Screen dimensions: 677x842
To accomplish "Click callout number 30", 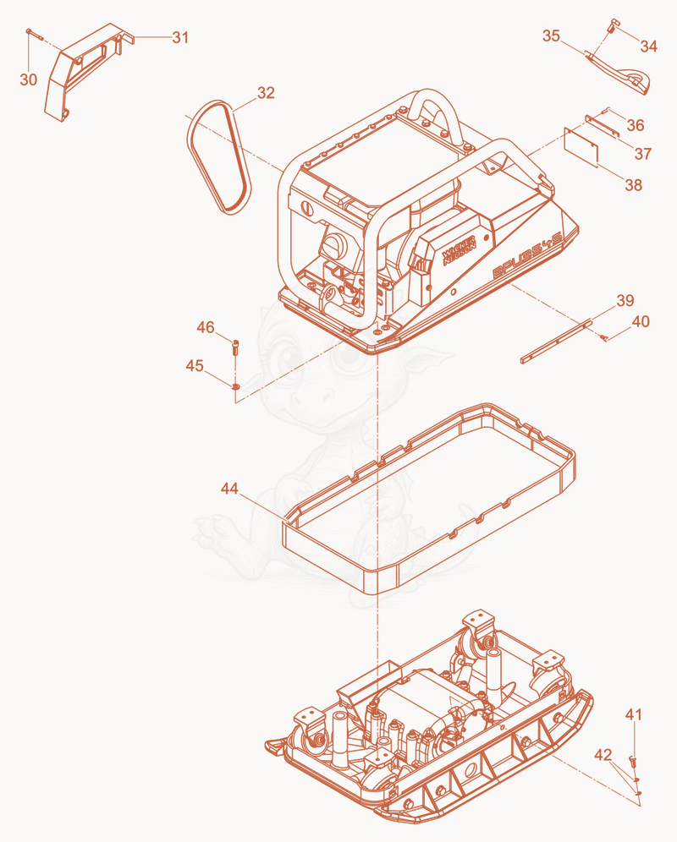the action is (x=29, y=79).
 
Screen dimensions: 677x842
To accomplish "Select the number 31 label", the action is (x=181, y=37).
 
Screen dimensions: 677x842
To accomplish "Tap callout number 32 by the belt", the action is (x=267, y=93).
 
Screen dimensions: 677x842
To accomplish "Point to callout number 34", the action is (x=648, y=46).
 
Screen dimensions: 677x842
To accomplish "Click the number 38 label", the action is (x=634, y=185).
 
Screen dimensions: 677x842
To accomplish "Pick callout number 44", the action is (x=229, y=489).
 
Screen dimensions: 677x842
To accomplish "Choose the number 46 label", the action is (x=206, y=327).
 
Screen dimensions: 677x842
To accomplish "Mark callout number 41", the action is (x=634, y=714).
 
